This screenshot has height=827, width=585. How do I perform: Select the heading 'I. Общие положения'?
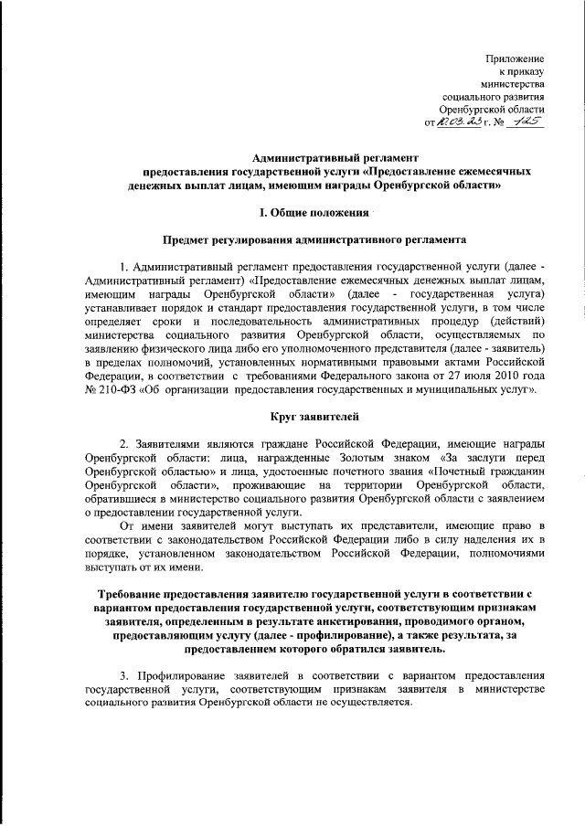313,213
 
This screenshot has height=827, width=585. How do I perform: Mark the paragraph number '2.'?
125,442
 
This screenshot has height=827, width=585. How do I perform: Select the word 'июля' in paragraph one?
472,376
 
